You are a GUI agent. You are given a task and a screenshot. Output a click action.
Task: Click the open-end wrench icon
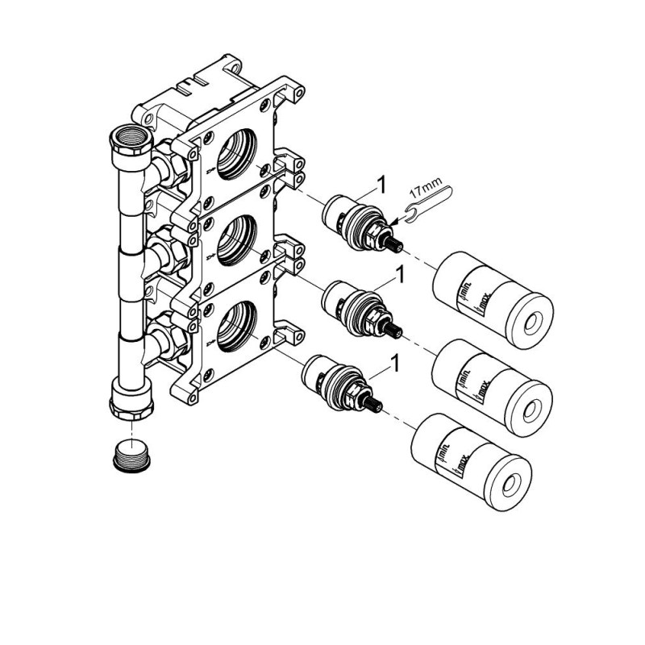point(428,204)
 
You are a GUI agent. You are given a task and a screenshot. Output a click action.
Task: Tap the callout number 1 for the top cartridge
point(381,185)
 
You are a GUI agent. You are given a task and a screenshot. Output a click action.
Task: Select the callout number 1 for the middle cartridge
point(398,274)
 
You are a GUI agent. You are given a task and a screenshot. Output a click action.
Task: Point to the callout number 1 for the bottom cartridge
point(394,364)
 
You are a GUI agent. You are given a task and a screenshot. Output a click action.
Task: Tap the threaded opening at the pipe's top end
point(131,137)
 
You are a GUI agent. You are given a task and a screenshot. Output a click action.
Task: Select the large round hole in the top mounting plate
point(236,154)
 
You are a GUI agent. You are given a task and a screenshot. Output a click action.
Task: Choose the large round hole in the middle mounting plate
point(236,240)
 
